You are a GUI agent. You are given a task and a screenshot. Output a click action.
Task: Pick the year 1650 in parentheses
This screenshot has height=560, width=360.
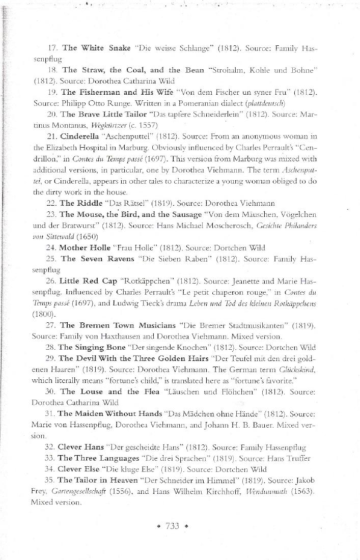(x=85, y=237)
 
